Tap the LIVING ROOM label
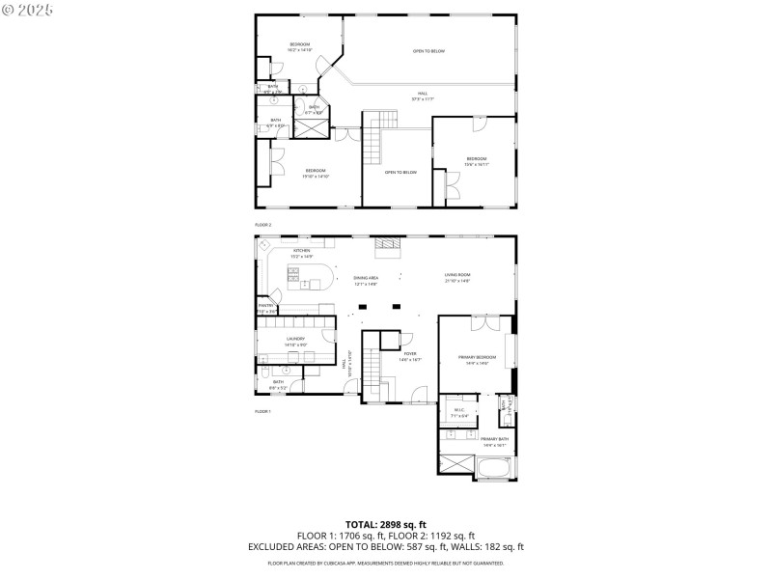tap(456, 278)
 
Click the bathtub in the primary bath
tap(495, 470)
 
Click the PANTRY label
tap(265, 308)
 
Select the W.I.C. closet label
tap(458, 412)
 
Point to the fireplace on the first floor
tap(387, 247)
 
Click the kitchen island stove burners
tap(292, 277)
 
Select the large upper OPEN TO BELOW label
tap(428, 51)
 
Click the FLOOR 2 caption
tap(263, 224)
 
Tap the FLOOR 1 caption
tap(263, 411)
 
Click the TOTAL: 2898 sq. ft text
tap(386, 524)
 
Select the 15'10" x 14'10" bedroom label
tap(315, 174)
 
